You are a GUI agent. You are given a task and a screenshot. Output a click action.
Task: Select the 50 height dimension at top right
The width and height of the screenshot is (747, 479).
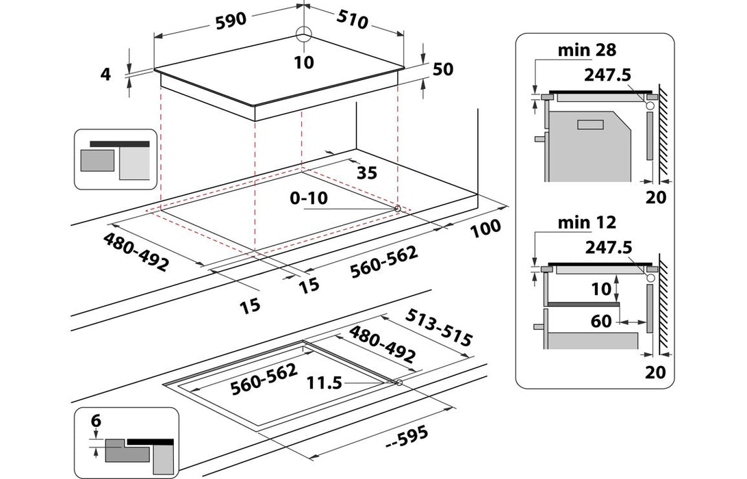coord(443,69)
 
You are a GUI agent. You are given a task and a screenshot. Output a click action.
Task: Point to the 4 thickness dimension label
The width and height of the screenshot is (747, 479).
coord(105,75)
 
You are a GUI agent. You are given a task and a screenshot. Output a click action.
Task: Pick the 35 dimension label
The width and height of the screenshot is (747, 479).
coord(367,172)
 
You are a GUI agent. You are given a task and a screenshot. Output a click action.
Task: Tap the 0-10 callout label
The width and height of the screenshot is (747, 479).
coord(309,198)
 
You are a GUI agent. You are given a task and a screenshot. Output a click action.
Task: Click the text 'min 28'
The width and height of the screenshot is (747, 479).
coord(587,50)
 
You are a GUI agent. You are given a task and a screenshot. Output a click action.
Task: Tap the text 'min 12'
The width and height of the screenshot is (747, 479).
coord(587,222)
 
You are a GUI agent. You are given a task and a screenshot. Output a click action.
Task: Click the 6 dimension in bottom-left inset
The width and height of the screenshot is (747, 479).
coord(97,422)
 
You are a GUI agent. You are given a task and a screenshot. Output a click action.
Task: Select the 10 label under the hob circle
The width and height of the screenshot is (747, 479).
coord(304,63)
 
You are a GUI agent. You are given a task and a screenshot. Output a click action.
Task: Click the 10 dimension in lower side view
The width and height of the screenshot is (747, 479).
coord(601,289)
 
